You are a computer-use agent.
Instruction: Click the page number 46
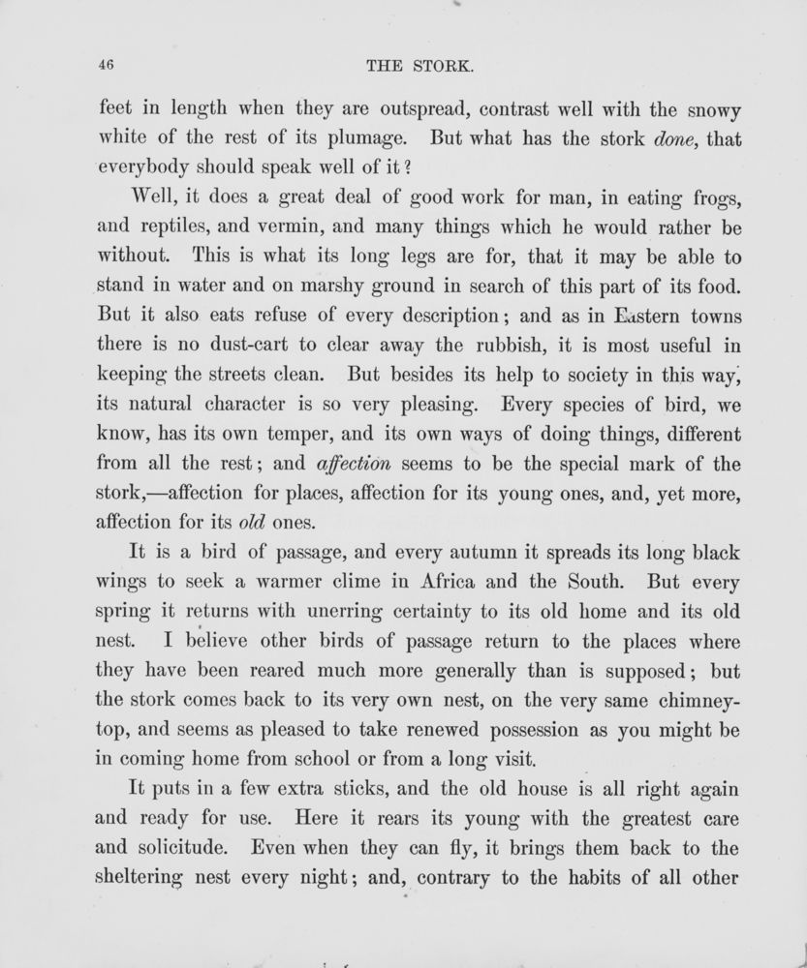point(108,67)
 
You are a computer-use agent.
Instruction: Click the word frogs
point(711,199)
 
